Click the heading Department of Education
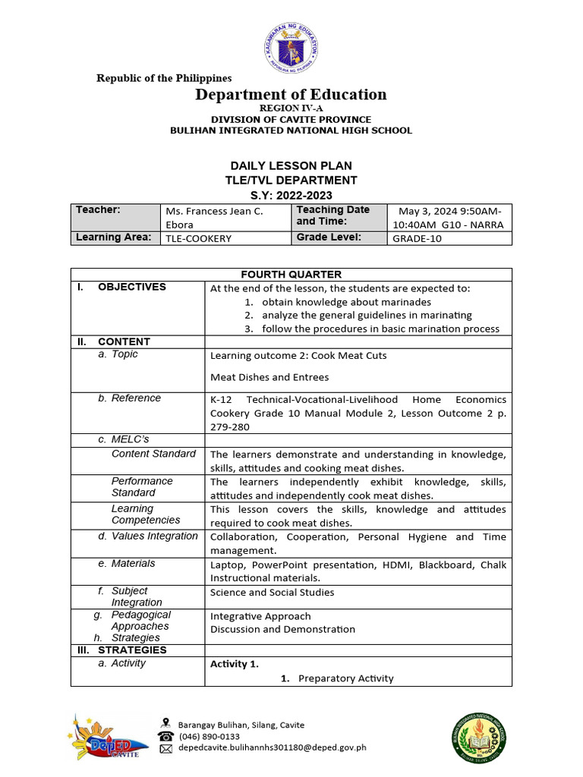click(291, 94)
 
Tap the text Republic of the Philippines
click(163, 77)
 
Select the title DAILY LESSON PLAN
click(291, 165)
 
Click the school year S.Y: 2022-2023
click(291, 195)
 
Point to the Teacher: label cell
click(116, 216)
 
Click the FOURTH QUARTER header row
click(291, 275)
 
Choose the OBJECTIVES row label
click(131, 287)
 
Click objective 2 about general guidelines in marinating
click(367, 315)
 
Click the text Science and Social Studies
click(272, 592)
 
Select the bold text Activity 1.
click(234, 664)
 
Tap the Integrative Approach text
click(260, 616)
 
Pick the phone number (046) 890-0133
click(209, 736)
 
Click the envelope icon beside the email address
click(165, 747)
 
